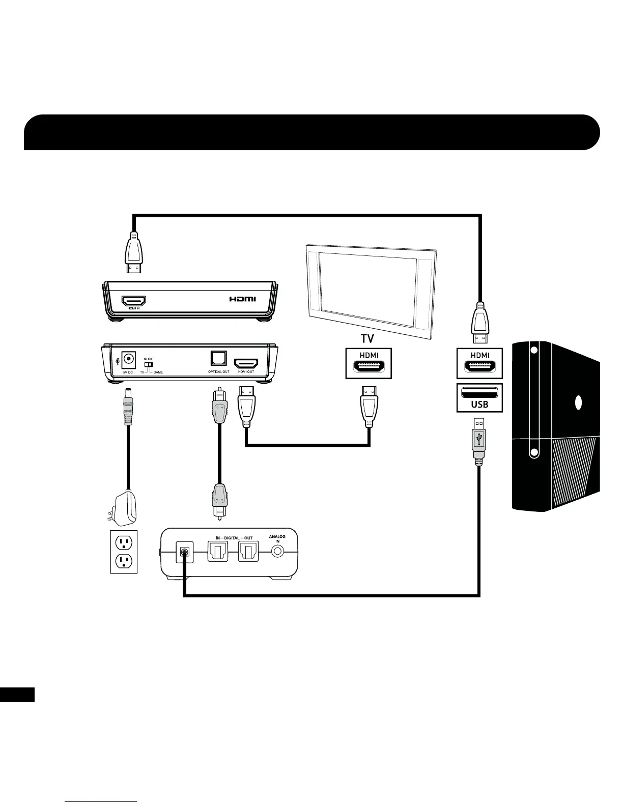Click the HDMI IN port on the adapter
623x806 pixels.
[133, 301]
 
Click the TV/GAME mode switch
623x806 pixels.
[150, 364]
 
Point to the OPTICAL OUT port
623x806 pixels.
[218, 359]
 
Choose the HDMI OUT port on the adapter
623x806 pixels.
[246, 363]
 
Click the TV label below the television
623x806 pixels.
[367, 338]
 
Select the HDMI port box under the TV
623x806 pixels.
[369, 363]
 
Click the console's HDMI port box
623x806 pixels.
[479, 363]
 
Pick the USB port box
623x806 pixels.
[479, 397]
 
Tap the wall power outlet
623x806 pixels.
[124, 552]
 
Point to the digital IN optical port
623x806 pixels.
[218, 552]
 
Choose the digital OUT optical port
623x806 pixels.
[249, 552]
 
